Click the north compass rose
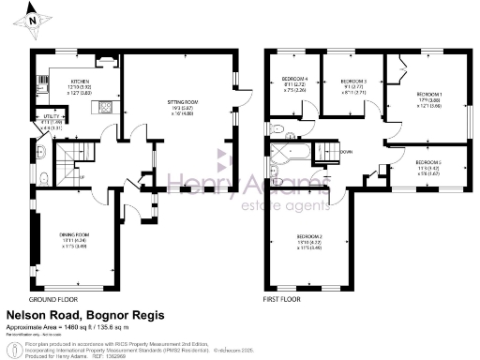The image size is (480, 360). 32,18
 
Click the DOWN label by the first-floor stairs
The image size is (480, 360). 346,151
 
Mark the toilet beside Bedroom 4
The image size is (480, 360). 278,127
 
